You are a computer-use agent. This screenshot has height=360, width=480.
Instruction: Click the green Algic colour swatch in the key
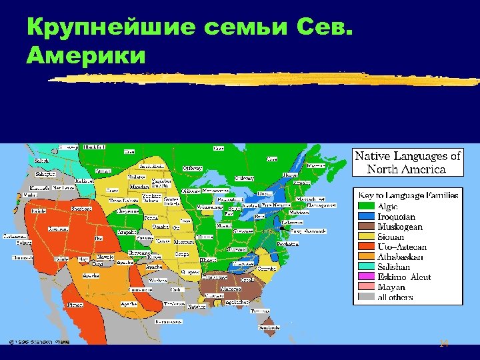pyautogui.click(x=367, y=207)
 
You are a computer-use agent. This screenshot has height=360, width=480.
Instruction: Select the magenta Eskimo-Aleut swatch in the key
pyautogui.click(x=367, y=277)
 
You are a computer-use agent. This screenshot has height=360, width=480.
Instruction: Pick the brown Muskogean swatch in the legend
pyautogui.click(x=367, y=227)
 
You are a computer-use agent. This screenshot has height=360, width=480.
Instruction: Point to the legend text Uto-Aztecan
pyautogui.click(x=403, y=247)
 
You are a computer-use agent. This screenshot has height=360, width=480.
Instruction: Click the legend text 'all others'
pyautogui.click(x=395, y=297)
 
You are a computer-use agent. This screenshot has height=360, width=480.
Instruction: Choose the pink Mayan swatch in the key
pyautogui.click(x=367, y=287)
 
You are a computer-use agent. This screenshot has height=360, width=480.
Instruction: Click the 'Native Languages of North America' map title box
pyautogui.click(x=408, y=162)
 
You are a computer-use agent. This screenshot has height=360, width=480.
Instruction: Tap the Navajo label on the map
pyautogui.click(x=106, y=257)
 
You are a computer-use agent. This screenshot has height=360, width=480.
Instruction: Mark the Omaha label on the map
pyautogui.click(x=160, y=226)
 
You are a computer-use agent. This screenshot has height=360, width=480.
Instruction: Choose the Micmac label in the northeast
pyautogui.click(x=316, y=165)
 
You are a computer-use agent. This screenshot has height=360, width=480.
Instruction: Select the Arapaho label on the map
pyautogui.click(x=127, y=231)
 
